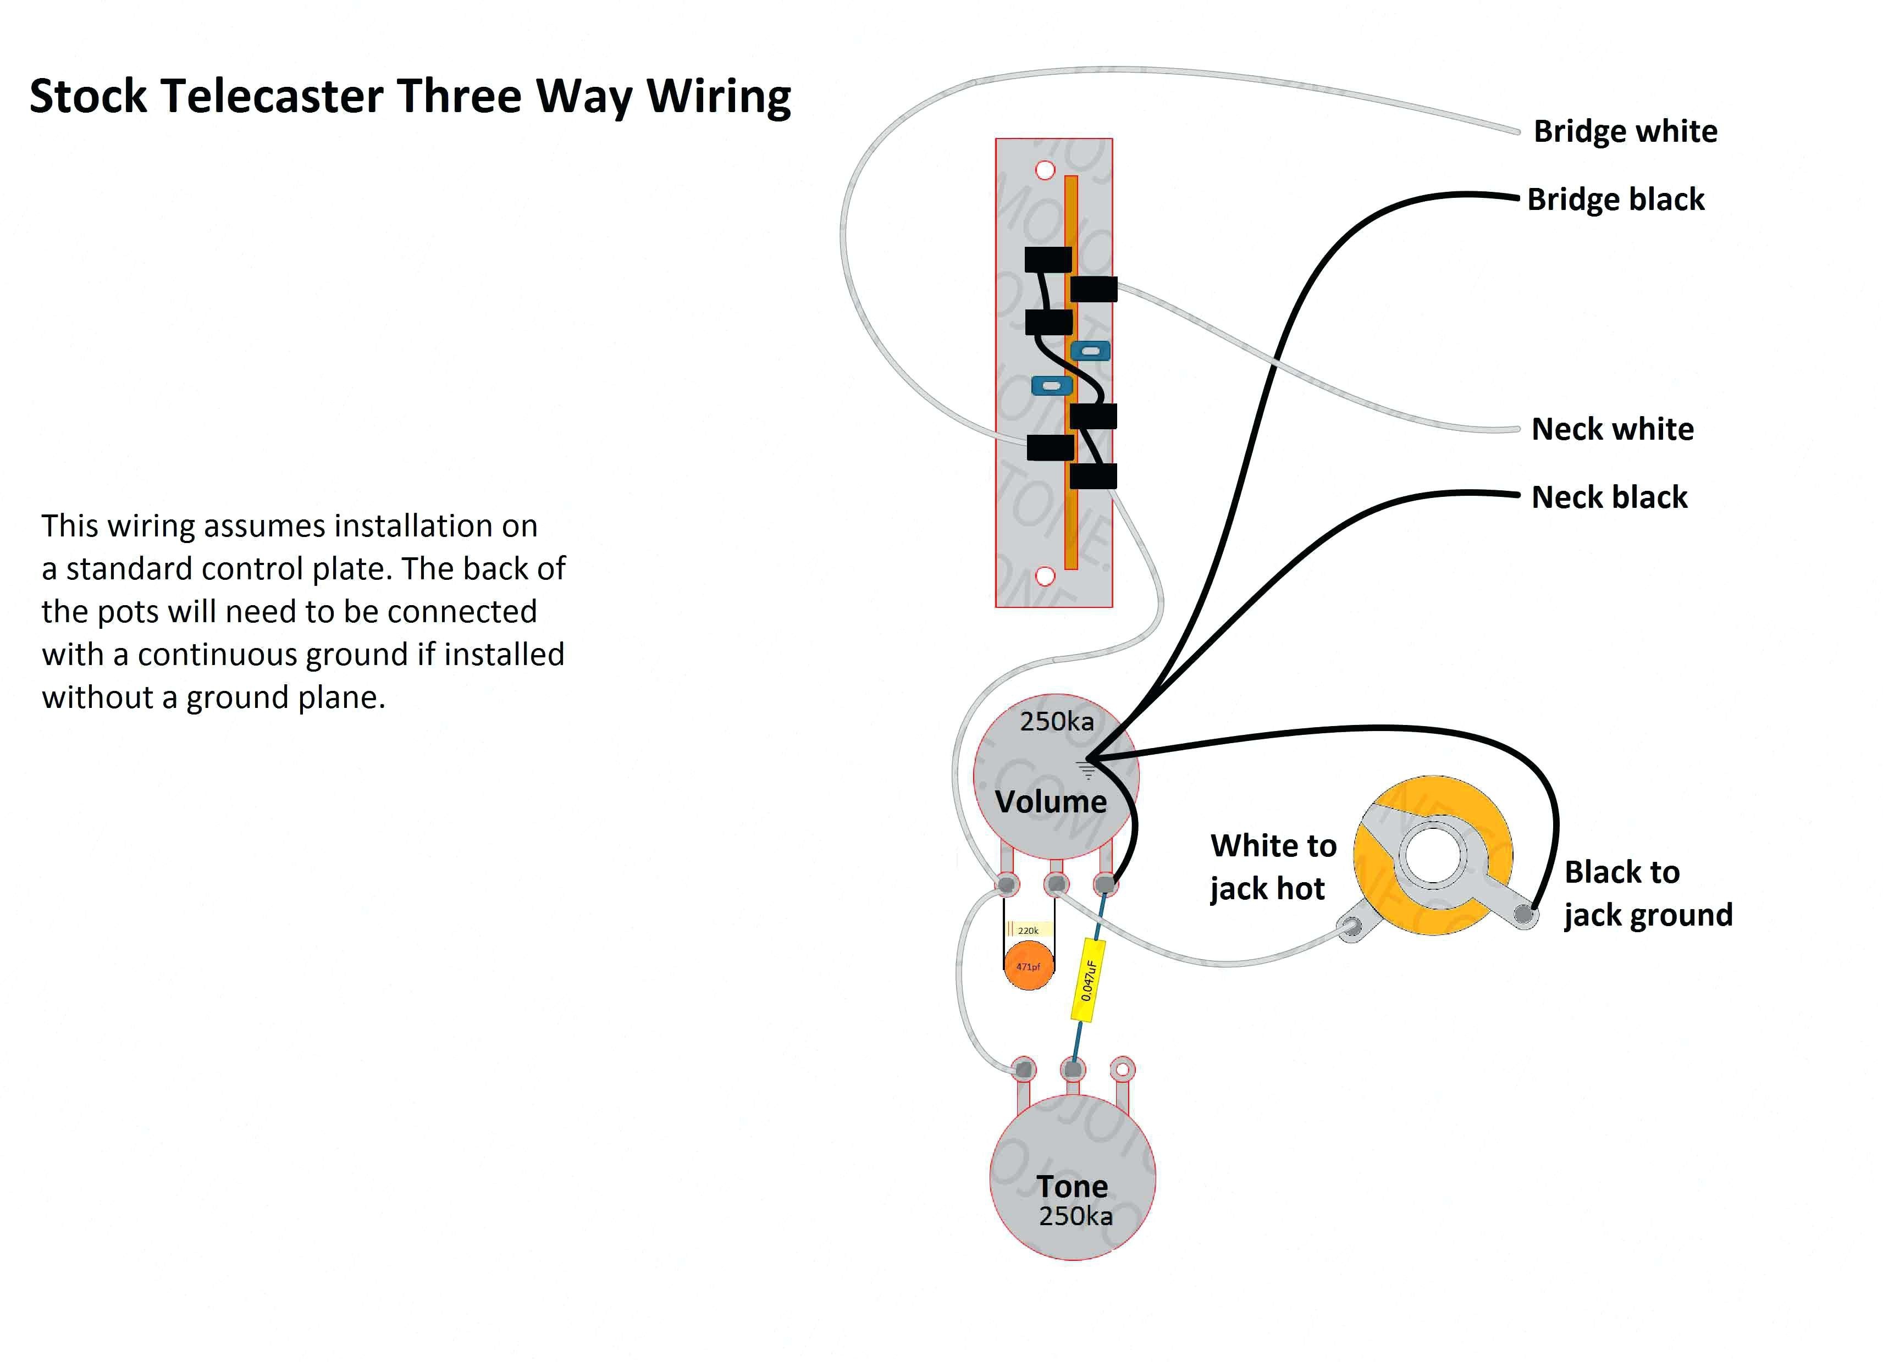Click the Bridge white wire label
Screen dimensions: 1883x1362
pos(1625,132)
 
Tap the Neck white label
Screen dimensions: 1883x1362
pos(1613,429)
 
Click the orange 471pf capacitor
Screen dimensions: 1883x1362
pos(1029,967)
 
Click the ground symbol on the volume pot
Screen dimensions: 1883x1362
pos(1086,769)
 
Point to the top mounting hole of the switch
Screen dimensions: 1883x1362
pos(1045,170)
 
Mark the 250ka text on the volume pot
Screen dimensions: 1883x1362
pos(1057,721)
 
